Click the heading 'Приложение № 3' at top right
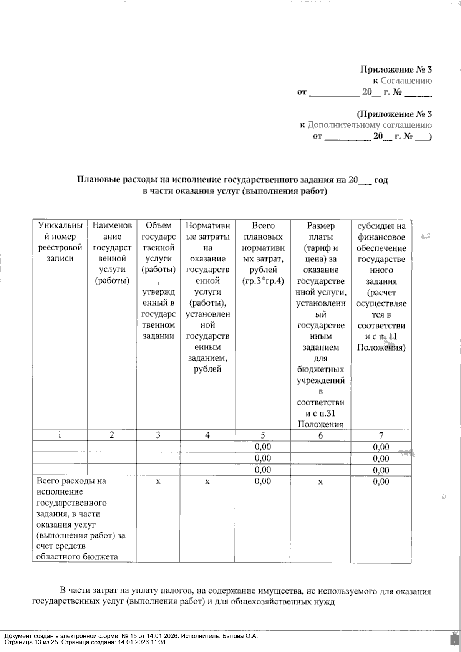(x=396, y=70)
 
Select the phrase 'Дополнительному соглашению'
(x=369, y=125)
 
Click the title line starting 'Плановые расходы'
(x=232, y=180)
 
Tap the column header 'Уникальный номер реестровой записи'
(x=60, y=242)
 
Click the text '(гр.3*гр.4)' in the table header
(x=263, y=281)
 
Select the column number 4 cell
(x=207, y=435)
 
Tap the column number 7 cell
(x=381, y=435)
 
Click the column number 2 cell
(x=112, y=435)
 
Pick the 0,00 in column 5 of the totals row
(x=263, y=481)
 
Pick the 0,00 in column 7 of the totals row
(x=381, y=482)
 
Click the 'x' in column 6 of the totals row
(x=320, y=482)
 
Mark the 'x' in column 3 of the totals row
(x=158, y=481)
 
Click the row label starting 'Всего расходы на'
(x=71, y=481)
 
